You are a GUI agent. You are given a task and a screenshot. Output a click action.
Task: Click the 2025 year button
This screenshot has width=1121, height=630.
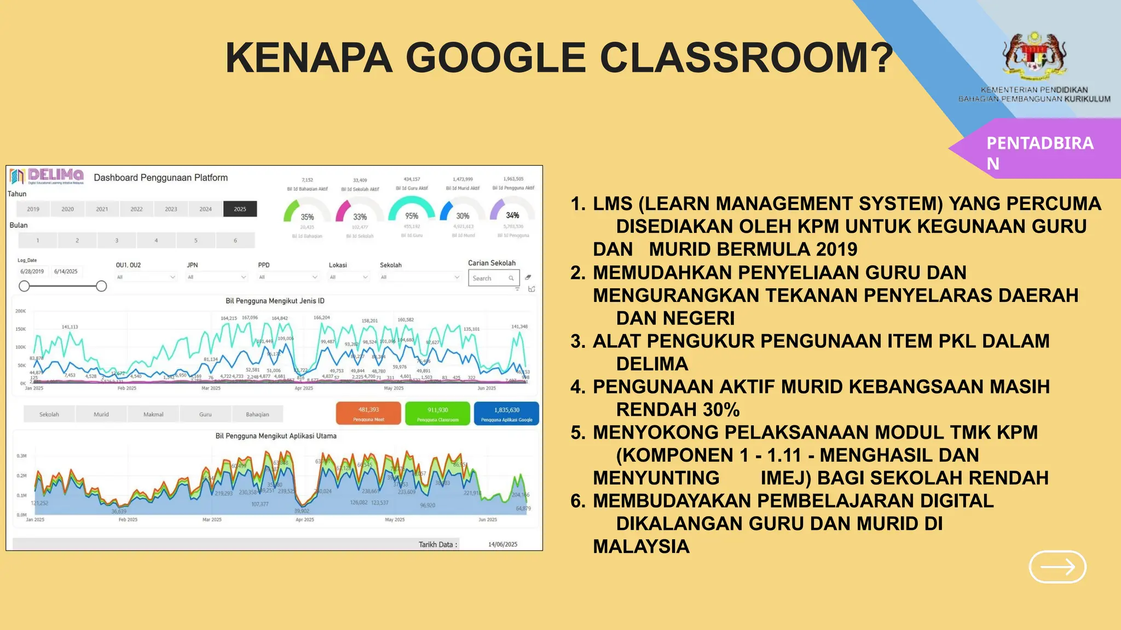tap(240, 209)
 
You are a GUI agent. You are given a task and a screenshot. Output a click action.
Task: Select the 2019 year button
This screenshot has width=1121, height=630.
tap(33, 209)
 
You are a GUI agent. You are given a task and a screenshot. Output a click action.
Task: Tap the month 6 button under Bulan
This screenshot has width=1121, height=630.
tap(235, 240)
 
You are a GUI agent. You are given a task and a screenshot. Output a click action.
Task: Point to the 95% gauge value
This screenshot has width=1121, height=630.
tap(412, 216)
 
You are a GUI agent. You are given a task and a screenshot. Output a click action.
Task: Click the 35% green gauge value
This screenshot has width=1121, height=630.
tap(307, 217)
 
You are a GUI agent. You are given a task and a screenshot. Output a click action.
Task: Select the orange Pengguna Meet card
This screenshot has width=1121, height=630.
tap(368, 413)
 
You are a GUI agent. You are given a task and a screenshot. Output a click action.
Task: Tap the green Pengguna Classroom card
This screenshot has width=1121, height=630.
tap(437, 413)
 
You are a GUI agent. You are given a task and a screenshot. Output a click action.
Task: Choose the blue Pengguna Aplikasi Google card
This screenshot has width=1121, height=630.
tap(506, 413)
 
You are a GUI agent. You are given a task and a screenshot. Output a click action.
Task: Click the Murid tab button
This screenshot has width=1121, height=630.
tap(101, 415)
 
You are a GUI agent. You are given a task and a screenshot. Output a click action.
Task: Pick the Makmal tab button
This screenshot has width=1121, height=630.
tap(153, 415)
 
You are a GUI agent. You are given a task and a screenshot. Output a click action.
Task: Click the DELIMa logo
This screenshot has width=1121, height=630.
tap(47, 176)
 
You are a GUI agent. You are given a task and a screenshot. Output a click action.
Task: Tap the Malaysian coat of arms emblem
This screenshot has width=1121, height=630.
tap(1034, 55)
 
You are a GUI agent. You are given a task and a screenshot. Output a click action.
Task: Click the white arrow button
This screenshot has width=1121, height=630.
tap(1058, 567)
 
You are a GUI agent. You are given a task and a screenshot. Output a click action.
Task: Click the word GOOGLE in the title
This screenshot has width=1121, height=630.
tap(496, 58)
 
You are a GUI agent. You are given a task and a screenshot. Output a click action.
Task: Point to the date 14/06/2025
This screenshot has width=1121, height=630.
tap(502, 544)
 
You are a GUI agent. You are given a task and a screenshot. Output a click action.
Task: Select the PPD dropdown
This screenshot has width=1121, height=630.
tap(288, 277)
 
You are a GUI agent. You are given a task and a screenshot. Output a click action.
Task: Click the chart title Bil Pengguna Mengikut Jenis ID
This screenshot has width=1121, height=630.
tap(275, 301)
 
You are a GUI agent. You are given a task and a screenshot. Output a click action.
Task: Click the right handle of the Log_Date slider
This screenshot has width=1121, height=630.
tap(101, 286)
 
